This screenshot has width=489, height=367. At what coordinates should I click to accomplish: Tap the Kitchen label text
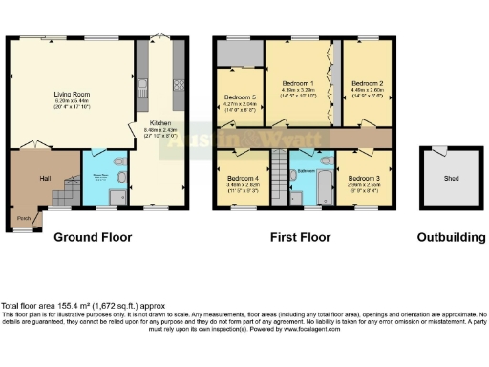tap(159, 122)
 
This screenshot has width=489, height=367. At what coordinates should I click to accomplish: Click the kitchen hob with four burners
tap(178, 84)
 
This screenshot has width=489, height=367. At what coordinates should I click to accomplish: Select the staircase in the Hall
tap(62, 196)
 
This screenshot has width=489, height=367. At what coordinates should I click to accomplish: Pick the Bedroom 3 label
tap(363, 178)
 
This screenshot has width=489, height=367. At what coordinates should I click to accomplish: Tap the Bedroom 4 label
tap(243, 178)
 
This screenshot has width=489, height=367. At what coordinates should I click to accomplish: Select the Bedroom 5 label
tap(239, 97)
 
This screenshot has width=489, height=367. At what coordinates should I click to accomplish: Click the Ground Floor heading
tap(91, 236)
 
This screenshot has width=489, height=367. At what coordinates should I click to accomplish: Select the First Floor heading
tap(301, 236)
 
